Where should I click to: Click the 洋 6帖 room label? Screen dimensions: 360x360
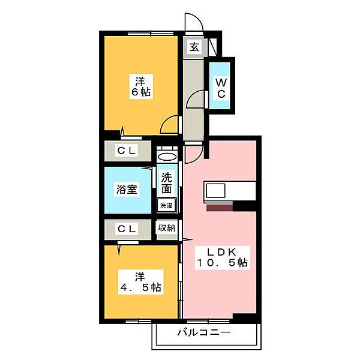point(141,86)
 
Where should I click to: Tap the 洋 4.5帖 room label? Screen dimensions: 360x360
point(141,282)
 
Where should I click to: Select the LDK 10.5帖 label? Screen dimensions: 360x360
point(222,257)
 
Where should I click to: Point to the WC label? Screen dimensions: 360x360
point(221,88)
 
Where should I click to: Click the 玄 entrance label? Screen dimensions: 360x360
point(194,47)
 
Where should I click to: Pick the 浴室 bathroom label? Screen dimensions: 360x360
point(127,190)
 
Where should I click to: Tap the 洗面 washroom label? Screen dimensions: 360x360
point(166,183)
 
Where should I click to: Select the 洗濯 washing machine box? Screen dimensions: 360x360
point(166,205)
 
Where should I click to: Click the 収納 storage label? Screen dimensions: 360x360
point(167,227)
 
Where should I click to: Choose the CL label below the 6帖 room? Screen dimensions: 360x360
point(127,151)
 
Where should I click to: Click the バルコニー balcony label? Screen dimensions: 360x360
point(204,332)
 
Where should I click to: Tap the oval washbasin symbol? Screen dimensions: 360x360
point(167,157)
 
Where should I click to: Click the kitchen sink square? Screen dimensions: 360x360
point(215,191)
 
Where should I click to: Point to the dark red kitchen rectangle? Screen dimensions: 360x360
point(220,208)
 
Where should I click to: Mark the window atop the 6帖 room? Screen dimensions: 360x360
point(151,34)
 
